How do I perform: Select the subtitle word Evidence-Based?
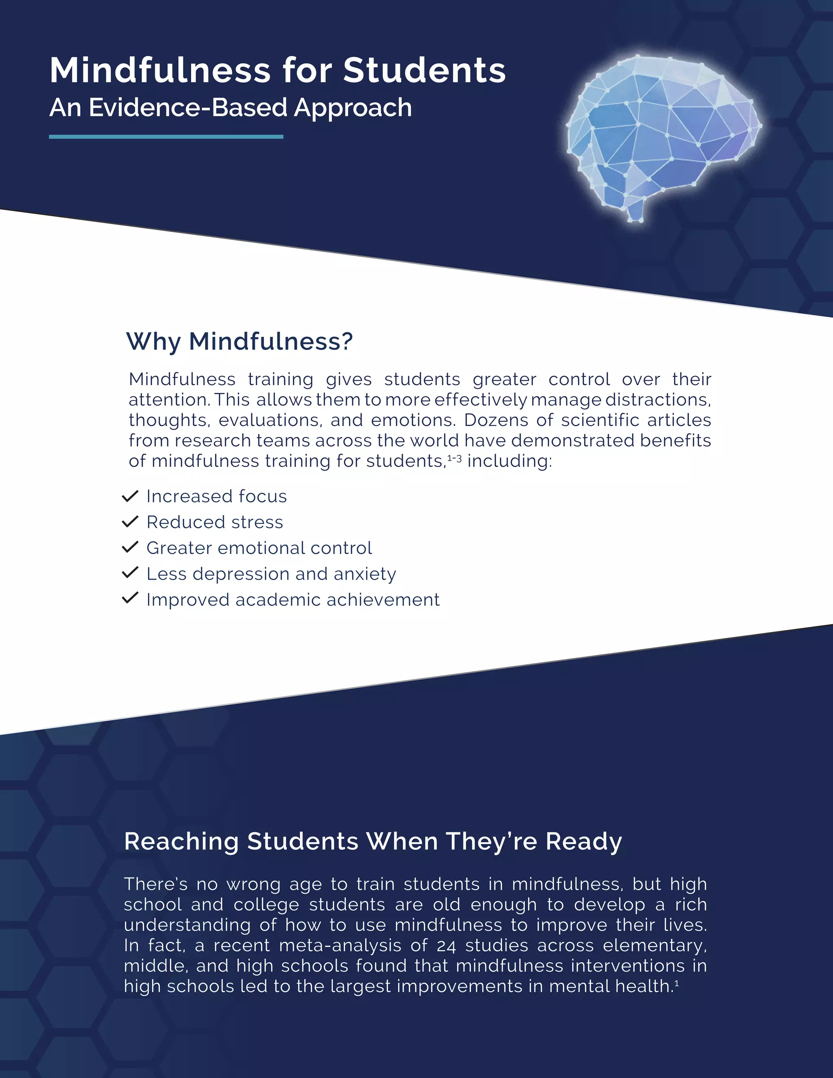(x=188, y=108)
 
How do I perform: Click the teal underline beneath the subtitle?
(x=166, y=137)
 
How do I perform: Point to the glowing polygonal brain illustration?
(x=661, y=133)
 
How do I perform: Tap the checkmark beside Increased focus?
(x=130, y=496)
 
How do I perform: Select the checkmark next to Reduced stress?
(x=130, y=522)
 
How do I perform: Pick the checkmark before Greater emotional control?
(x=130, y=548)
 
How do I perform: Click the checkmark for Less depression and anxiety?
(x=130, y=573)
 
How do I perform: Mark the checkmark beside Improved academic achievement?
(x=130, y=599)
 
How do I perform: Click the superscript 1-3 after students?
(x=454, y=458)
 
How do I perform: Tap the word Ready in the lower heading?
(x=584, y=841)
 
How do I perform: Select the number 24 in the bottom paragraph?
(x=447, y=945)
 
